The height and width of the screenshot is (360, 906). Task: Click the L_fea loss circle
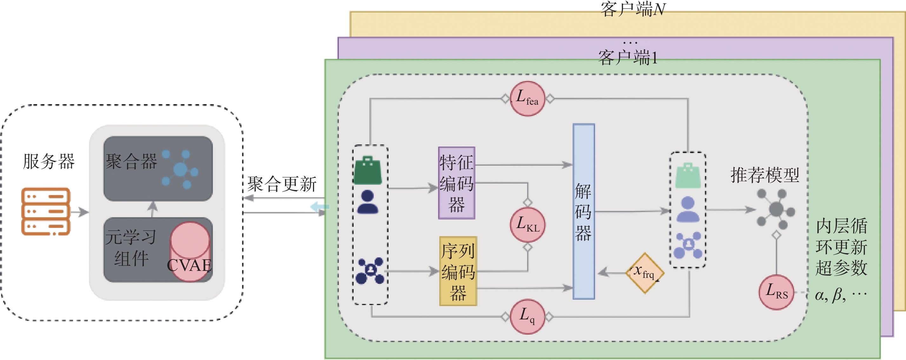coord(527,99)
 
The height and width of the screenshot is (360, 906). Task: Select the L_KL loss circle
coord(527,225)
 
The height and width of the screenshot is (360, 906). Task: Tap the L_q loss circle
coord(527,317)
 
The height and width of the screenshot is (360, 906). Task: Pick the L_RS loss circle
coord(776,292)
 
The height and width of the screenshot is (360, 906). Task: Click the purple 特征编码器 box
coord(456,183)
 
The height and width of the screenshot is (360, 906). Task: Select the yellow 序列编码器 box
coord(458,271)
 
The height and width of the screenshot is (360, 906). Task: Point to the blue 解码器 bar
coord(583,211)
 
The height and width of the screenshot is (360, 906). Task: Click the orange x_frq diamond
coord(645,273)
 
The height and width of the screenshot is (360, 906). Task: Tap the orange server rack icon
coord(46,212)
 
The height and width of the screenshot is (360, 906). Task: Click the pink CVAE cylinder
coord(190,252)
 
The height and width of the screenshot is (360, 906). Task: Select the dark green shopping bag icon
coord(368,171)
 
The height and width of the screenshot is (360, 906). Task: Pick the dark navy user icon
coord(368,202)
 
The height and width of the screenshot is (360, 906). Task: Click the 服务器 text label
coord(49,162)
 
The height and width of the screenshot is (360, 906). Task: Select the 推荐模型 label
coord(765,175)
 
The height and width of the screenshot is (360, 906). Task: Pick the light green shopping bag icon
coord(688,175)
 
